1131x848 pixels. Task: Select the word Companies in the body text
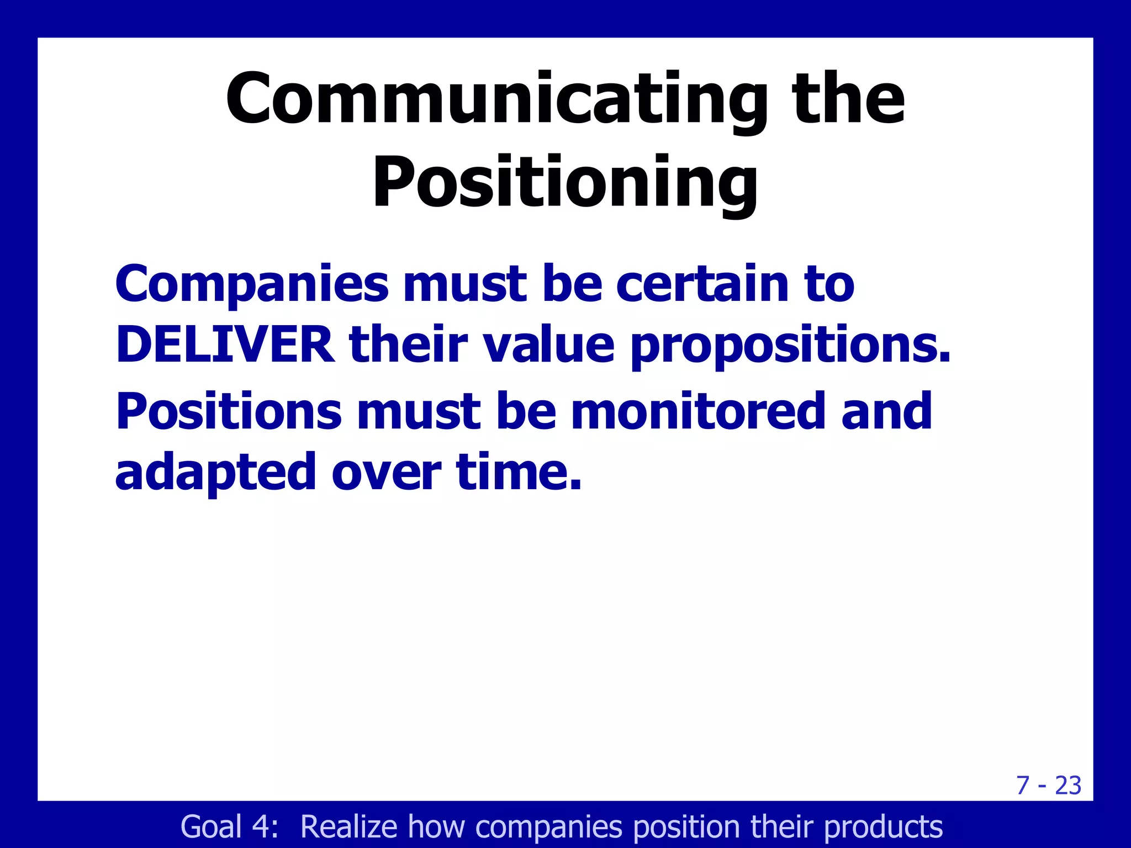(x=252, y=285)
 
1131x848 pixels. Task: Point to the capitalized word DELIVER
(x=225, y=346)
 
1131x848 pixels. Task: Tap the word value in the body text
(x=548, y=346)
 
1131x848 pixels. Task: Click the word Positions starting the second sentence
(x=229, y=412)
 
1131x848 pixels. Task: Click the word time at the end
(x=519, y=473)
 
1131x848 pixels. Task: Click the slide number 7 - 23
(x=1048, y=785)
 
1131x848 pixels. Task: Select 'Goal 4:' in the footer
(x=229, y=827)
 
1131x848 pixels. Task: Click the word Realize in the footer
(x=348, y=827)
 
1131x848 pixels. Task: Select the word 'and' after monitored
(x=886, y=411)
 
